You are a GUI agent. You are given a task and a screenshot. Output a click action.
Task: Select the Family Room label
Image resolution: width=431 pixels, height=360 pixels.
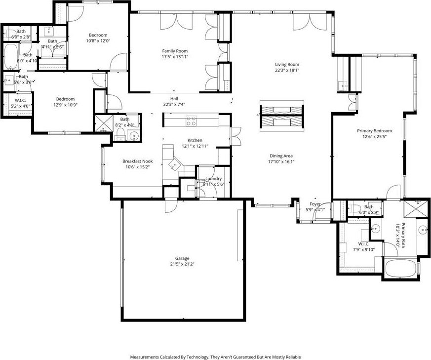click(175, 51)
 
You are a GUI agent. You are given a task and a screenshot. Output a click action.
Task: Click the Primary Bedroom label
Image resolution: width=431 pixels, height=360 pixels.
click(374, 131)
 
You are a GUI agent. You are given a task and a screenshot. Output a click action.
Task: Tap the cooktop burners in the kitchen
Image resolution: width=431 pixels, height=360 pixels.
click(192, 119)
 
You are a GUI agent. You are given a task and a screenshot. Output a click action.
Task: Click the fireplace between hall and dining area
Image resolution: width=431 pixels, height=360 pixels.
click(279, 115)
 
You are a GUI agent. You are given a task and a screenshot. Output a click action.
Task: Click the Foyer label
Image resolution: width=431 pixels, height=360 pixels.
click(315, 204)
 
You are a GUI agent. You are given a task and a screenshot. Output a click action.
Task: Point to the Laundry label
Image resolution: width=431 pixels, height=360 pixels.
click(214, 178)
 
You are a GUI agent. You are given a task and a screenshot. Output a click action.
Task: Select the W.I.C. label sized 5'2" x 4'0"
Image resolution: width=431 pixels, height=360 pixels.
click(20, 105)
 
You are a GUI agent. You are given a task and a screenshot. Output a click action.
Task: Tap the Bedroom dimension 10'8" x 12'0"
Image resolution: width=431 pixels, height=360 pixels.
click(98, 41)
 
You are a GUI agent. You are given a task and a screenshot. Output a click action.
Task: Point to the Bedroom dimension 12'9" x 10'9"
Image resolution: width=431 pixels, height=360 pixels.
click(65, 105)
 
